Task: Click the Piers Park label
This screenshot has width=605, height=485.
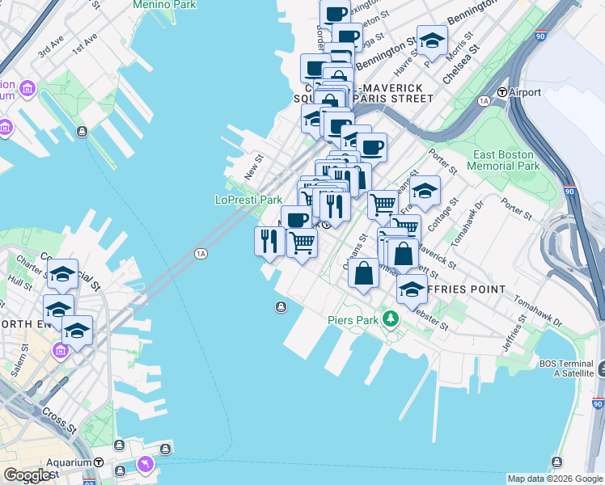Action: (x=353, y=319)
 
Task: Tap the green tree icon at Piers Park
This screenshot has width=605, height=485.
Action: (x=391, y=319)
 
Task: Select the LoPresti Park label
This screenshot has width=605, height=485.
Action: (x=248, y=200)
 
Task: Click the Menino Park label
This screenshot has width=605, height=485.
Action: (x=166, y=4)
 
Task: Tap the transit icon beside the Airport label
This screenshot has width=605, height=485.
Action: (x=501, y=92)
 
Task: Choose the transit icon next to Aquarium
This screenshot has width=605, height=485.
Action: (x=99, y=462)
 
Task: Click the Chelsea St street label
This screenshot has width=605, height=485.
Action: (x=462, y=63)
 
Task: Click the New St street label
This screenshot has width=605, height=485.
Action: (x=254, y=168)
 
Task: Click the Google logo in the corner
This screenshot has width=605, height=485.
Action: (x=27, y=475)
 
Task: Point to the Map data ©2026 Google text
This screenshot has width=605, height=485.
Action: (x=555, y=479)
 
